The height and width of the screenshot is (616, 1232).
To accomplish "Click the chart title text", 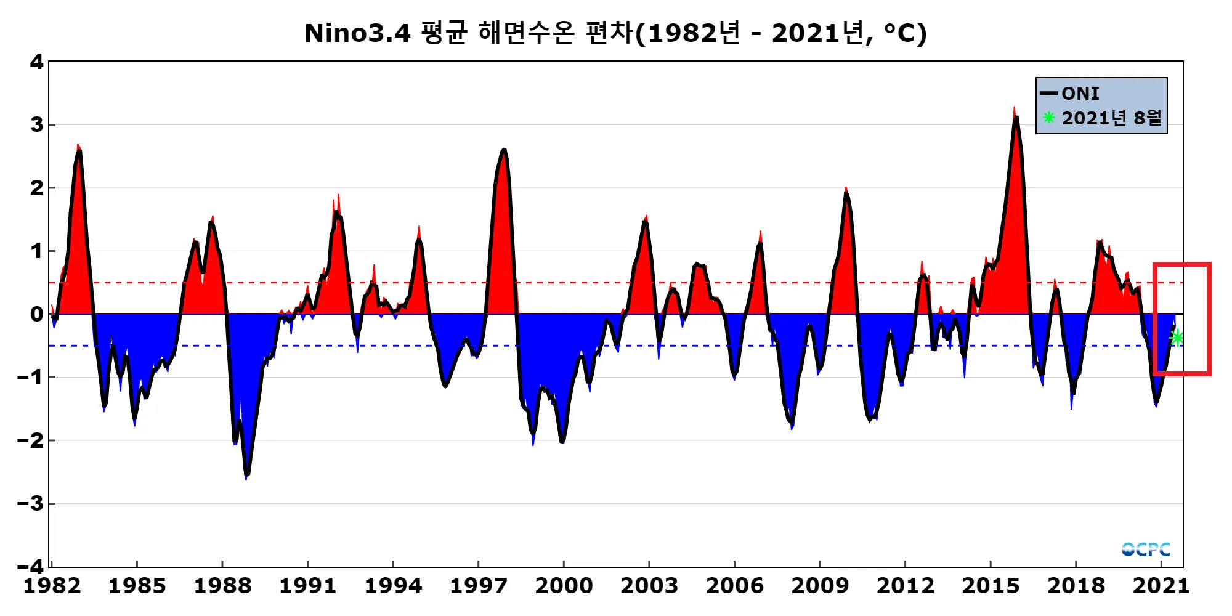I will click(615, 33).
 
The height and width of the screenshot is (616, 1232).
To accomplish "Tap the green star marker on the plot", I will click(1177, 338).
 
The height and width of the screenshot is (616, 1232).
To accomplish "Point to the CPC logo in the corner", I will click(1145, 549).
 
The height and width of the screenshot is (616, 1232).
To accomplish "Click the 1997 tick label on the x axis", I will click(478, 586).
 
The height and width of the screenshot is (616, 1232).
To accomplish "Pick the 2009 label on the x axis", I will click(819, 586).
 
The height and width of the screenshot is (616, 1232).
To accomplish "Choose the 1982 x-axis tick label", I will click(52, 586).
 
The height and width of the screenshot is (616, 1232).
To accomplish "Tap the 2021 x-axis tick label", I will click(1161, 586).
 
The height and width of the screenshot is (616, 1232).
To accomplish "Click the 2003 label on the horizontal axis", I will click(649, 586).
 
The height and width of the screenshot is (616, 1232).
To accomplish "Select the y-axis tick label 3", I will click(37, 125).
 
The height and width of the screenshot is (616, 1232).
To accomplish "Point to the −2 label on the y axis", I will click(31, 440).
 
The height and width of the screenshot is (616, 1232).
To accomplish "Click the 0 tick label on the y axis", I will click(37, 314).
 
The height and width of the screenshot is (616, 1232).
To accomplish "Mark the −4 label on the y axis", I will click(31, 565).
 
